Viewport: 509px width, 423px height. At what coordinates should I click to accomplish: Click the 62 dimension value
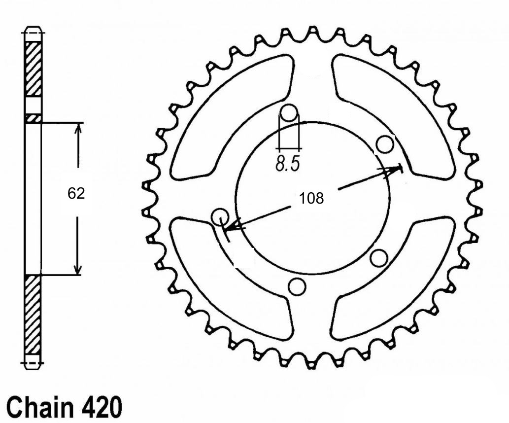click(76, 194)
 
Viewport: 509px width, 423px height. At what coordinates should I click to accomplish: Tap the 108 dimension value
click(311, 198)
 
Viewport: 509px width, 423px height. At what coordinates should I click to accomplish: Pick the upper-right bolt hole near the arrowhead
click(385, 144)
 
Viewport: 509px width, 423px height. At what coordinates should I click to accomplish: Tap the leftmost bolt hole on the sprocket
click(220, 216)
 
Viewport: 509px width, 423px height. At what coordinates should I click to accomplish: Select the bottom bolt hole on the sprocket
click(297, 286)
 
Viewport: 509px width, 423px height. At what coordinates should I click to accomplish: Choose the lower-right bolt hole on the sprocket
click(379, 258)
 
